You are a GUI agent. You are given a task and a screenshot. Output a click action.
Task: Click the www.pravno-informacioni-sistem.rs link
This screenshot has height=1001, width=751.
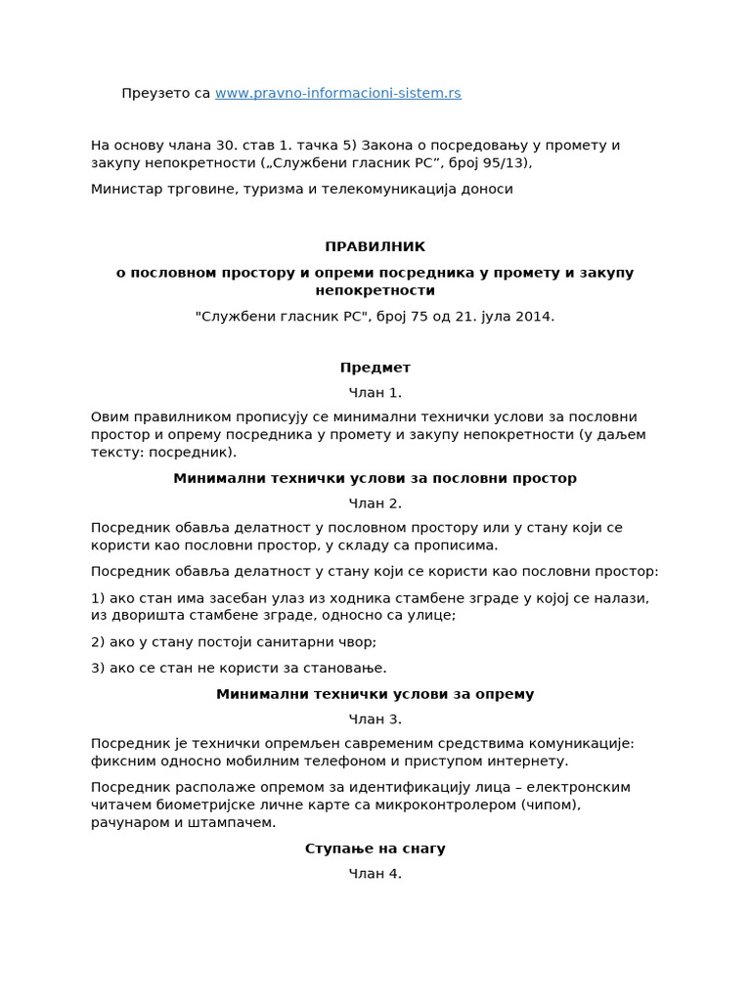(337, 93)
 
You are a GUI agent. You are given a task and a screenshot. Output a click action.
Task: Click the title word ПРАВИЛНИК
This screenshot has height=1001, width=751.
(375, 246)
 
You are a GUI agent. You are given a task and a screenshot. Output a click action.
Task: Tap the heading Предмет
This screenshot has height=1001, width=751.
(375, 368)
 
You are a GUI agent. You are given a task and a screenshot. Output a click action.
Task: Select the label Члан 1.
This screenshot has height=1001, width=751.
(375, 393)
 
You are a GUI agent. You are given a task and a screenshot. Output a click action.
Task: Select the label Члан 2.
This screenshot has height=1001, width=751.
(375, 503)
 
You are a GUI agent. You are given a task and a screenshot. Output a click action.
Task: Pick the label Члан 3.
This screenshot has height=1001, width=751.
(375, 719)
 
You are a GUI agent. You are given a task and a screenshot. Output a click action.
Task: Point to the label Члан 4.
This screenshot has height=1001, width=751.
(375, 874)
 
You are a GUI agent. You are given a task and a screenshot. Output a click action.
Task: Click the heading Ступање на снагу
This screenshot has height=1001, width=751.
(375, 849)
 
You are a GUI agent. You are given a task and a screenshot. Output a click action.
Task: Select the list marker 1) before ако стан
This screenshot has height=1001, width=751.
(98, 597)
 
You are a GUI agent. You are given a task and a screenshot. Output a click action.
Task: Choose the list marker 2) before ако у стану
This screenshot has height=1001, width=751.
(98, 641)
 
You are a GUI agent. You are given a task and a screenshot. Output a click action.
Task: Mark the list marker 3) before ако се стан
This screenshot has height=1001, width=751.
(98, 668)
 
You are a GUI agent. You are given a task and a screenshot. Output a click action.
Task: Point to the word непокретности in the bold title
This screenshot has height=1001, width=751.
(375, 290)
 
